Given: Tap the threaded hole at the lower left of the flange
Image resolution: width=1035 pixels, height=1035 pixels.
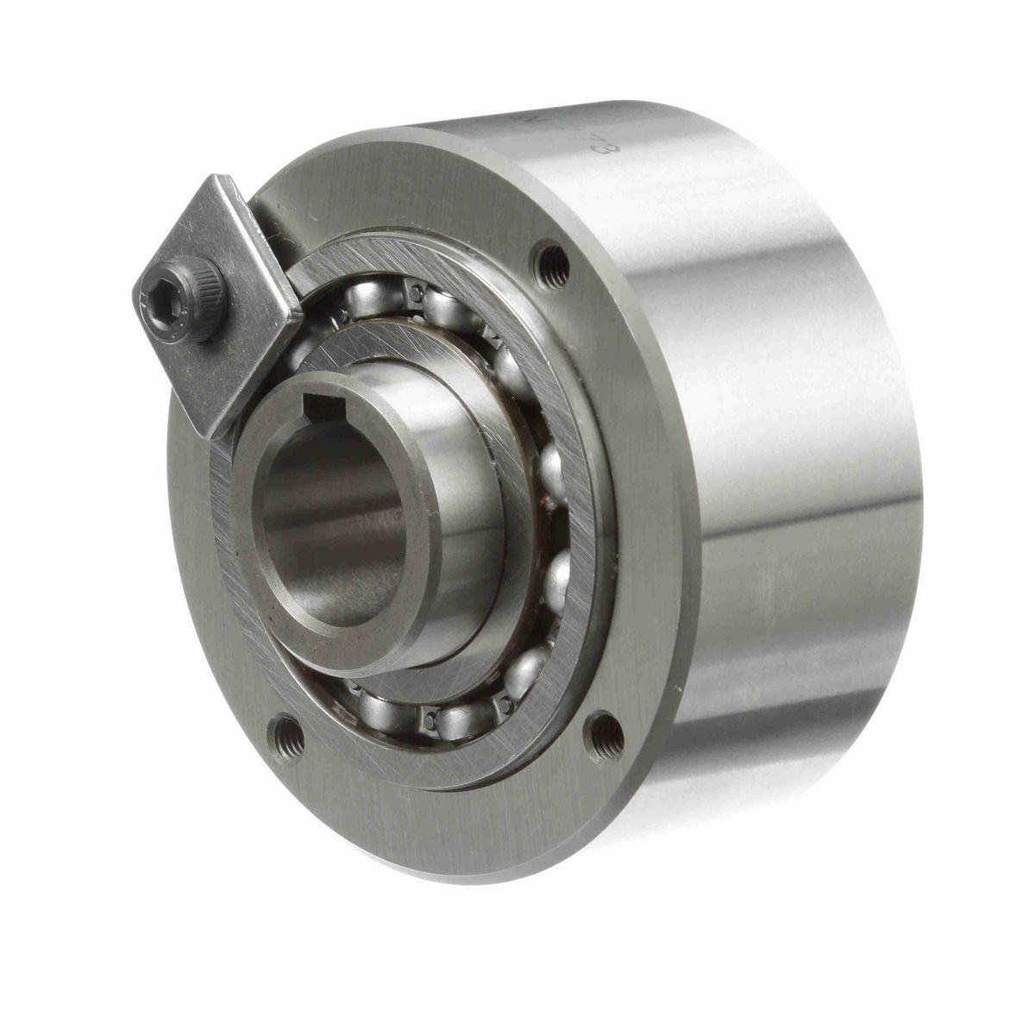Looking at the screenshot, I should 287,737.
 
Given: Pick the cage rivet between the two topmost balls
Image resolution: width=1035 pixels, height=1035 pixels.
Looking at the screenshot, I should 417,294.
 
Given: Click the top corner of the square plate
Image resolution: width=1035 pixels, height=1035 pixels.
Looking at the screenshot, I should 226,179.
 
